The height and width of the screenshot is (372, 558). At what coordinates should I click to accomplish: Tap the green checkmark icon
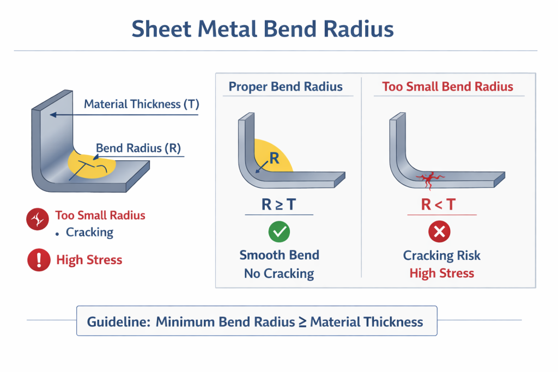point(279,233)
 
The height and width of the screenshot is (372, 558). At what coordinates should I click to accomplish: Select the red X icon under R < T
point(440,233)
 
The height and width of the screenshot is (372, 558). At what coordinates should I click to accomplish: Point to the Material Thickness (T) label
point(142,104)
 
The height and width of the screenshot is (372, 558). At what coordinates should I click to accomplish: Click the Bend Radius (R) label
point(138,148)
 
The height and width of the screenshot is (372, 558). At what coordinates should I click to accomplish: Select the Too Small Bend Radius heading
point(447,87)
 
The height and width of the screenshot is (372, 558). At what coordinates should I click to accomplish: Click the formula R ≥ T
point(279,205)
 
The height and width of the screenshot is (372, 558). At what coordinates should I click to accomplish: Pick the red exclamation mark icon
point(38,260)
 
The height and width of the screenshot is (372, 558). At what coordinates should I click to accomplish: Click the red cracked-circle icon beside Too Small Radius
point(37,219)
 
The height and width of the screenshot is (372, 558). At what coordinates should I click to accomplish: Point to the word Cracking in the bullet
point(89,233)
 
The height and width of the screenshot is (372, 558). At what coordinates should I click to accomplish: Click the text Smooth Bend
point(279,255)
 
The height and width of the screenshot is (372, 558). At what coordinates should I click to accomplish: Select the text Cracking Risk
point(442,255)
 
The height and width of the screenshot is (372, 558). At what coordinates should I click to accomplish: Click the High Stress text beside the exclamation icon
point(89,260)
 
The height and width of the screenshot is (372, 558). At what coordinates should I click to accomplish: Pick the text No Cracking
point(279,273)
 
